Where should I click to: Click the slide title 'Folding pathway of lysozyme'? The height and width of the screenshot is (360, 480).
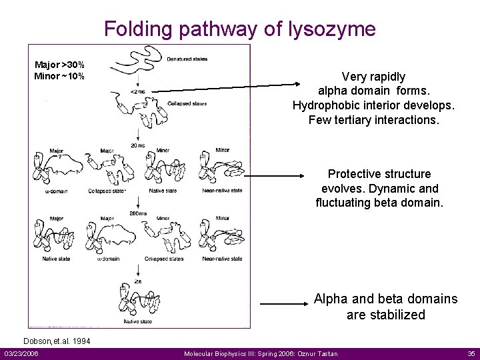click(239, 29)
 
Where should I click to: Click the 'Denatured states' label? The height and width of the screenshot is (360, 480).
click(187, 59)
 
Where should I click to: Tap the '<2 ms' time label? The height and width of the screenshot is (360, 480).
click(138, 91)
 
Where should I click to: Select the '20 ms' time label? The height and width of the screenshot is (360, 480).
click(138, 145)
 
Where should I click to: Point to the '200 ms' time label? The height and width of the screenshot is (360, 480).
click(139, 213)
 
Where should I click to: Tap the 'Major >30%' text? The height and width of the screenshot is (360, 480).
click(59, 65)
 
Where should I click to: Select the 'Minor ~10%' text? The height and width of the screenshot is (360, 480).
click(59, 75)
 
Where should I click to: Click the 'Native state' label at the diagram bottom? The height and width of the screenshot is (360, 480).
click(137, 321)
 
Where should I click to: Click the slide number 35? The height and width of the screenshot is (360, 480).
click(471, 353)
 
